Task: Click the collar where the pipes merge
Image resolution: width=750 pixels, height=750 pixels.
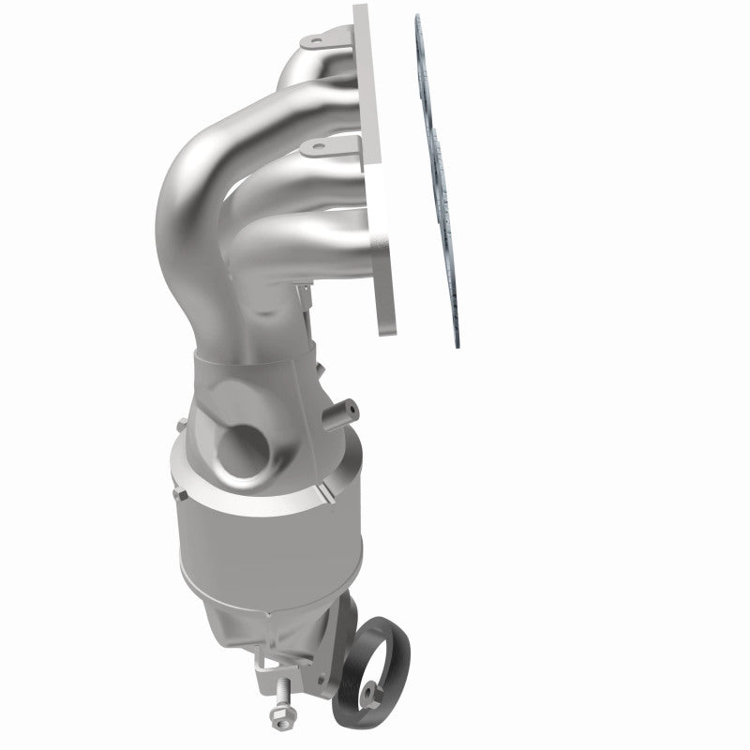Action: tap(253, 370)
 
